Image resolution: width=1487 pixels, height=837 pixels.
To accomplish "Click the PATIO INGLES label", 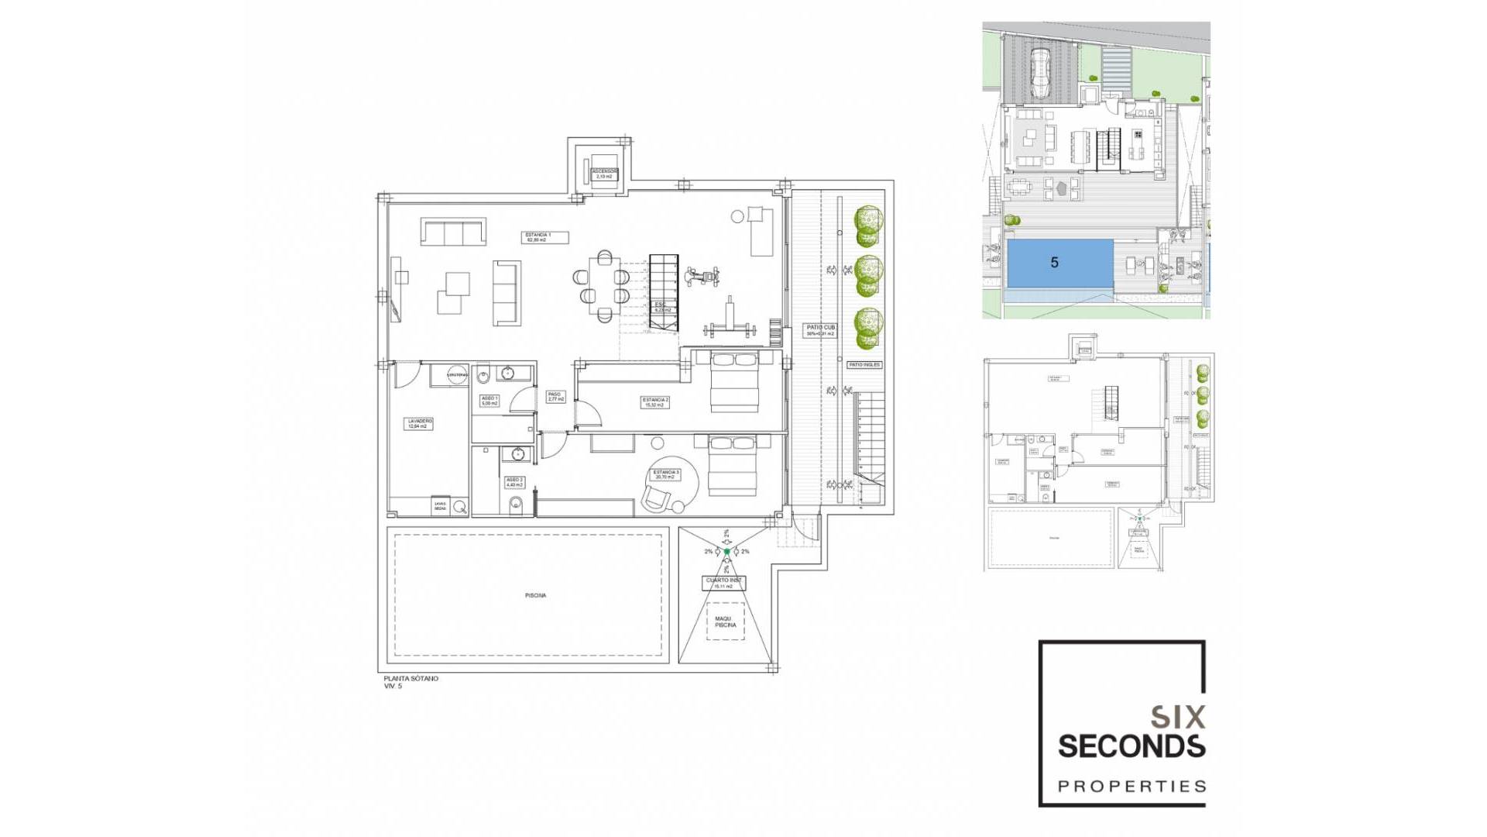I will (x=864, y=364).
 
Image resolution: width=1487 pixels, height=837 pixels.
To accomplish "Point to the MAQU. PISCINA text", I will (x=725, y=622).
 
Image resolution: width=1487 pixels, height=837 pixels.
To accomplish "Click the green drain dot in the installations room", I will (x=726, y=552).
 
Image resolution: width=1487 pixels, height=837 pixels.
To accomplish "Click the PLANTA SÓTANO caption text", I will (x=411, y=678).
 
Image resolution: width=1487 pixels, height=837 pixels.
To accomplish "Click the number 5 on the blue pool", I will (x=1054, y=263).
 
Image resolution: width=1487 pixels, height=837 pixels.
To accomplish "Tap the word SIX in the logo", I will (x=1177, y=717).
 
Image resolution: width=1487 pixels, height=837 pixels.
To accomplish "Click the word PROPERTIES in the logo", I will (x=1132, y=787).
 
